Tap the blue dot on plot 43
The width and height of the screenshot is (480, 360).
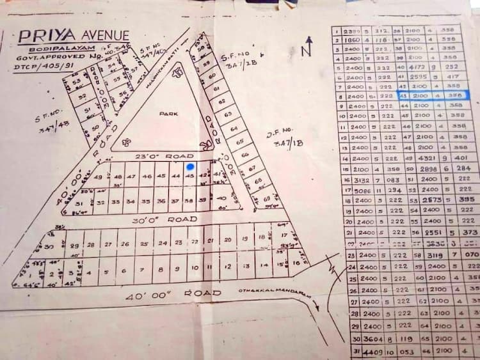pyautogui.click(x=190, y=167)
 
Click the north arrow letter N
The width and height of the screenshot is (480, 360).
pyautogui.click(x=308, y=46)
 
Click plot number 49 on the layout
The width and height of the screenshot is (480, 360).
pyautogui.click(x=98, y=177)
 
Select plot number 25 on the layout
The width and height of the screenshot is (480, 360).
pyautogui.click(x=144, y=244)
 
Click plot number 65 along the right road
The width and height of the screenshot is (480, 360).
pyautogui.click(x=240, y=141)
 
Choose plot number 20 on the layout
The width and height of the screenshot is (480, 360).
pyautogui.click(x=227, y=240)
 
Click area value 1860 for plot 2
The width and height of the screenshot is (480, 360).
pyautogui.click(x=353, y=40)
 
